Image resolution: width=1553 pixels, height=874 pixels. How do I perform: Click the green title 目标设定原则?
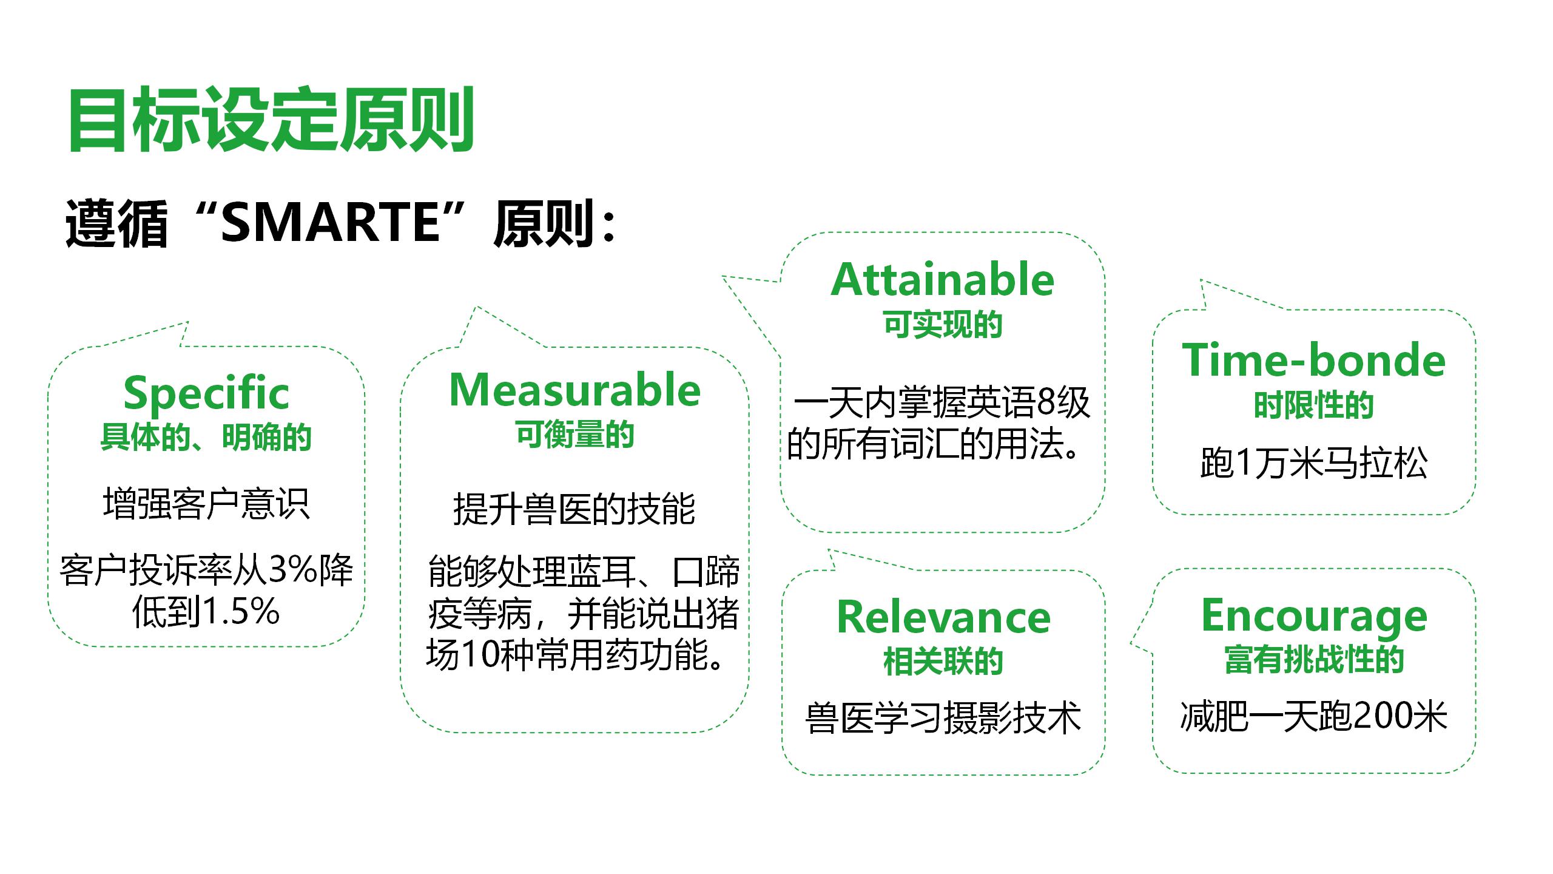tap(271, 119)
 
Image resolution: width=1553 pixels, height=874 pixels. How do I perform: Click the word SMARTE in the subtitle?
tap(330, 223)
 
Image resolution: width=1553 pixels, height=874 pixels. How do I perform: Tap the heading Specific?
tap(206, 393)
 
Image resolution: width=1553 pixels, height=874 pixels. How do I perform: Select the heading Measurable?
tap(575, 390)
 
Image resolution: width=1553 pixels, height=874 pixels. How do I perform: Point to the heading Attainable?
tap(942, 280)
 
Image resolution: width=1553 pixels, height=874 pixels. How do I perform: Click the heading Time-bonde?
tap(1314, 360)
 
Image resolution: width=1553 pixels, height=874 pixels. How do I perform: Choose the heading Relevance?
tap(943, 617)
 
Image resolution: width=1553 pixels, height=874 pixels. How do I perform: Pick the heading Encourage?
tap(1314, 618)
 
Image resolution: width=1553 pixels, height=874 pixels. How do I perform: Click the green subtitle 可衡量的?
tap(575, 435)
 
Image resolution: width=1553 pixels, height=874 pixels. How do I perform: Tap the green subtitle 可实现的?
tap(943, 324)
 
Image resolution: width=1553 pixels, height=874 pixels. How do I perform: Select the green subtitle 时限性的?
tap(1314, 405)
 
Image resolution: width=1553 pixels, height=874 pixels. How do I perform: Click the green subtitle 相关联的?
tap(943, 662)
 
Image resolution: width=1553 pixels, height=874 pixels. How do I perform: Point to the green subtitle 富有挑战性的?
tap(1314, 660)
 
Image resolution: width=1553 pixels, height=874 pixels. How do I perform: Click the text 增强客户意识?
tap(206, 504)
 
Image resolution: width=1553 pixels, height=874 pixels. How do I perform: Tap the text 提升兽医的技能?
tap(574, 509)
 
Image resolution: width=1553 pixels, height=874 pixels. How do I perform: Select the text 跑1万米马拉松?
tap(1314, 464)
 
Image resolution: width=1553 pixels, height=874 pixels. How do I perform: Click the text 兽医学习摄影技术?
tap(943, 718)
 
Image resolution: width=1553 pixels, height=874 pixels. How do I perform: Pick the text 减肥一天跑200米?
tap(1314, 716)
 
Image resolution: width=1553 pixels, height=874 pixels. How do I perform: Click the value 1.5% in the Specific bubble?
tap(241, 612)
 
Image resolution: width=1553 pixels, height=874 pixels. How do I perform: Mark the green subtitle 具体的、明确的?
tap(206, 438)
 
